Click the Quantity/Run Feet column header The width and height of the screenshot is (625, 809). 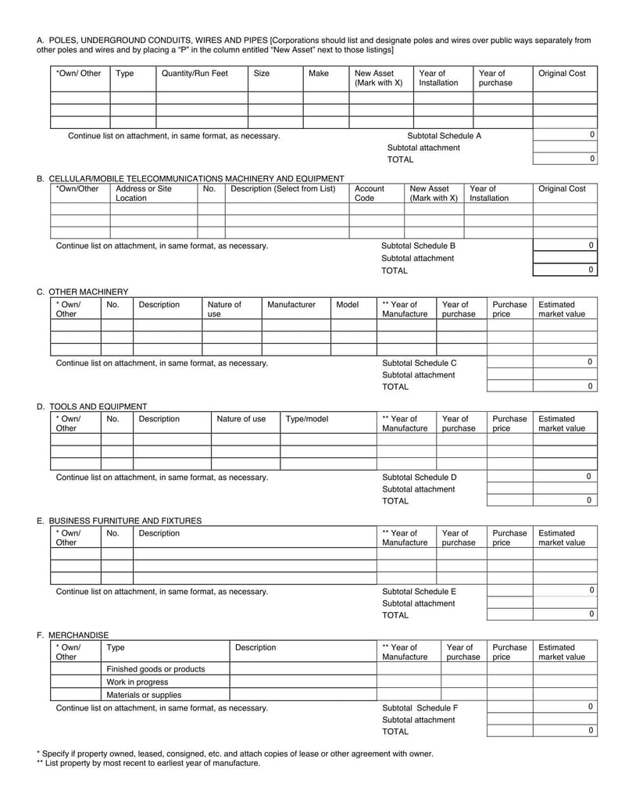[x=195, y=73]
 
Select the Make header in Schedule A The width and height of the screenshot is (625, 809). [x=319, y=73]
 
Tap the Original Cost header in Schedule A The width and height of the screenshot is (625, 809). [x=562, y=73]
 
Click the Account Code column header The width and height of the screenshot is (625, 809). [x=369, y=193]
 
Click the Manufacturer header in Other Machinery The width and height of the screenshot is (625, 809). [x=291, y=305]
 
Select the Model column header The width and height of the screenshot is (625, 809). [x=347, y=305]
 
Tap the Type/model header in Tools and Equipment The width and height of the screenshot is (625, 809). [x=307, y=419]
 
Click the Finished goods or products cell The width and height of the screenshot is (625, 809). [x=155, y=669]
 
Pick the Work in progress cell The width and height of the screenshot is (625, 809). [x=137, y=682]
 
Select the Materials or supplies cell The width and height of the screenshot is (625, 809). [x=144, y=694]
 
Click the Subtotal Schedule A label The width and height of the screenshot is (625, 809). [x=445, y=135]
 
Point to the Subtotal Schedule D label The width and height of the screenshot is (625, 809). [x=419, y=477]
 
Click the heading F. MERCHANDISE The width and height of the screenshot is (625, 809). [x=73, y=635]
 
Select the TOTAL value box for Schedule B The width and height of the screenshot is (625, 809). [x=565, y=270]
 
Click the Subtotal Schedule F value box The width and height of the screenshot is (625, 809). [x=565, y=707]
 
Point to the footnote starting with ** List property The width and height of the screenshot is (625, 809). [x=148, y=763]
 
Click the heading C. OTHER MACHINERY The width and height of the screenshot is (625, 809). [x=82, y=292]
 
